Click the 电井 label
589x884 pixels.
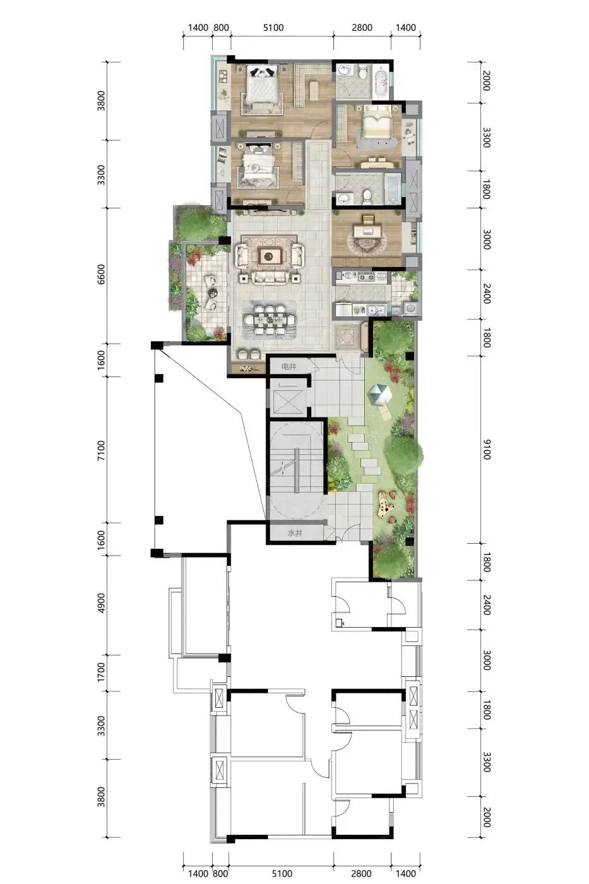tap(289, 367)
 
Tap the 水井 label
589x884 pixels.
tap(295, 533)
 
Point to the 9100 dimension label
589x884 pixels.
tap(487, 449)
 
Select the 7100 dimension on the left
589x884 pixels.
tap(102, 450)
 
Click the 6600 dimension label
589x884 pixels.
tap(102, 274)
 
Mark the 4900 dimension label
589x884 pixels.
tap(102, 603)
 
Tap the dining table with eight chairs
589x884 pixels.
tap(269, 320)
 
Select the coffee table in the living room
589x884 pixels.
tap(270, 256)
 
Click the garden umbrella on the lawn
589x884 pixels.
tap(379, 394)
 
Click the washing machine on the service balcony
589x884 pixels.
tap(410, 308)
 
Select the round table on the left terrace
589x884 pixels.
tap(213, 292)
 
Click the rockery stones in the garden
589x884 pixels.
tap(386, 506)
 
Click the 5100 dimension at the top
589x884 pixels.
tap(273, 28)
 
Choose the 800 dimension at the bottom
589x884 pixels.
tap(220, 873)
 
